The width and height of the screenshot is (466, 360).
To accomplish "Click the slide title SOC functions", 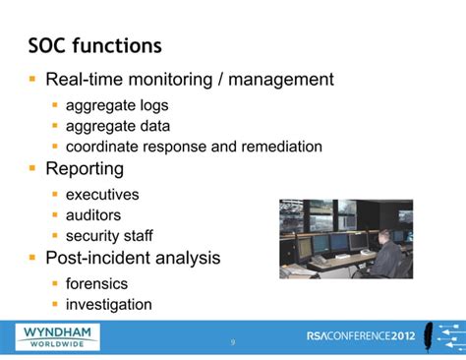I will coord(94,45).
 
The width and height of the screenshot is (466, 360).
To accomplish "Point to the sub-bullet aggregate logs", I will coord(117,105).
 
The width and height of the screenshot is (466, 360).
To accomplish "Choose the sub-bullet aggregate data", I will coord(118,126).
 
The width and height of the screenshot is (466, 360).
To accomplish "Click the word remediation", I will coord(278,147).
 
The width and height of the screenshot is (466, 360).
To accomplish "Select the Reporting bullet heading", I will coord(85,169).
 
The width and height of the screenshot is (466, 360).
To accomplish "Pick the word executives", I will coord(102,195).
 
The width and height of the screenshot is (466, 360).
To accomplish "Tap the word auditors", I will coord(93,214).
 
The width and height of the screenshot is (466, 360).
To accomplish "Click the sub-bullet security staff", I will coord(109,236).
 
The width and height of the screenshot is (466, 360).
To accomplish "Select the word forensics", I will coord(96,283).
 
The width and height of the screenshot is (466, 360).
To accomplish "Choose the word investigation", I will coord(108,304).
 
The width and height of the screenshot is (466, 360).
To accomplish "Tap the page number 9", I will coord(233,342).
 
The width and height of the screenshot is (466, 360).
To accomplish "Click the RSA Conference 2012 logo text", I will coord(361,335).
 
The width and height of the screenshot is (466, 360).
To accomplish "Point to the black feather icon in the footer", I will coord(434,334).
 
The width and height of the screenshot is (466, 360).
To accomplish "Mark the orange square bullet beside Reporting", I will coord(32,169).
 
